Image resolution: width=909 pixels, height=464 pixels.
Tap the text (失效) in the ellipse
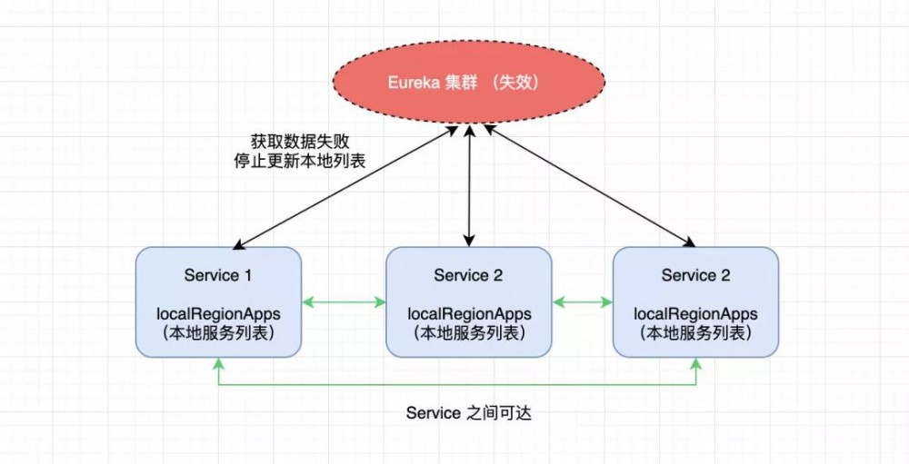click(516, 82)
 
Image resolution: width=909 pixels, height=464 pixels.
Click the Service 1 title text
click(218, 275)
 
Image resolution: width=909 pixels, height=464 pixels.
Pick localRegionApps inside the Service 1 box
click(218, 314)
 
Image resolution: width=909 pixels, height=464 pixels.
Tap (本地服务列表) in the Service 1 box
click(218, 333)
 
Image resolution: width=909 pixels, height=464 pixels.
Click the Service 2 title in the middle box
click(468, 275)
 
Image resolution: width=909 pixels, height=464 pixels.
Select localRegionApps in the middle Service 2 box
click(468, 314)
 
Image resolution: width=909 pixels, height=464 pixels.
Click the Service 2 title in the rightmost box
click(695, 275)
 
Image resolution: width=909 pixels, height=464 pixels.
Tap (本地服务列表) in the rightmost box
click(695, 333)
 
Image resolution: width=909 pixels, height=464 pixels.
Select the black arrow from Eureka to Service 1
click(345, 187)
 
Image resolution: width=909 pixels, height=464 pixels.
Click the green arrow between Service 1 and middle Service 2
click(344, 301)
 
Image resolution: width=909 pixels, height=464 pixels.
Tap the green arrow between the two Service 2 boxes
click(582, 301)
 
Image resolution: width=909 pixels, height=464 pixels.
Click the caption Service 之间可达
click(468, 413)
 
